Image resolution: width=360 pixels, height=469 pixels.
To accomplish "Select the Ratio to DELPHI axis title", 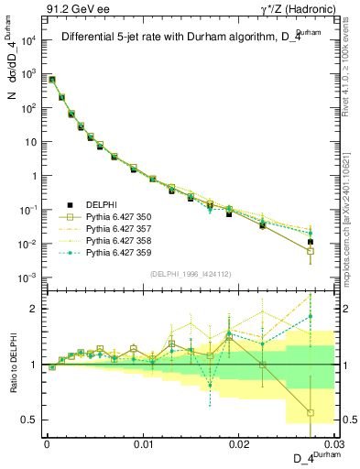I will [16, 364].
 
